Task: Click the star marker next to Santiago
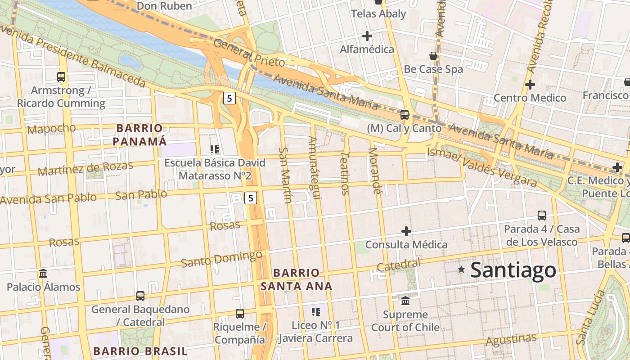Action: (461, 270)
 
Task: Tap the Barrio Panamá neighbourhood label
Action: (139, 135)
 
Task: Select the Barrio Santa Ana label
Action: (296, 279)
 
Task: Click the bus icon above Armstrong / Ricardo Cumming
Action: (61, 77)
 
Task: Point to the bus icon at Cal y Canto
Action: (405, 115)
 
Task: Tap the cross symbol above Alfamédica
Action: (367, 36)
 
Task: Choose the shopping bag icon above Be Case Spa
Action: (433, 56)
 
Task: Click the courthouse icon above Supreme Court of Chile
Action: (405, 301)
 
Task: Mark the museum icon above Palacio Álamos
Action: (43, 273)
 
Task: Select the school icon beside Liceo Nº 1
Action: (316, 311)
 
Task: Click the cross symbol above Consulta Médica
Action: (406, 231)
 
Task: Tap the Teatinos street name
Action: (345, 173)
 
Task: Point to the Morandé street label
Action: (374, 171)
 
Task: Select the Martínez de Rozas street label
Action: (85, 168)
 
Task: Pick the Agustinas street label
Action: (511, 339)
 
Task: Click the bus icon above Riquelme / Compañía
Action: (240, 313)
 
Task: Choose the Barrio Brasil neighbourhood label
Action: (140, 351)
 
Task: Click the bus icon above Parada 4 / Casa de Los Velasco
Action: (542, 216)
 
